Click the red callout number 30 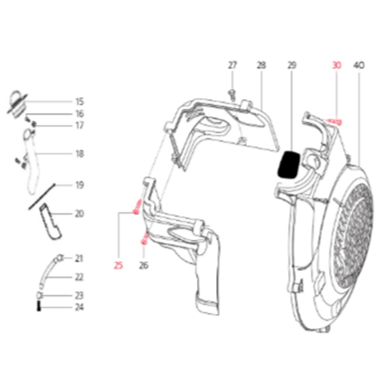[x=336, y=65]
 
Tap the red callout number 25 [x=118, y=265]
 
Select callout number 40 [x=359, y=65]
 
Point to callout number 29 [x=292, y=65]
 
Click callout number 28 [x=261, y=65]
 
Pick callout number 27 [x=232, y=65]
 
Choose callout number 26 [x=143, y=265]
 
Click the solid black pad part [x=289, y=165]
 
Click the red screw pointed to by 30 [x=334, y=122]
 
